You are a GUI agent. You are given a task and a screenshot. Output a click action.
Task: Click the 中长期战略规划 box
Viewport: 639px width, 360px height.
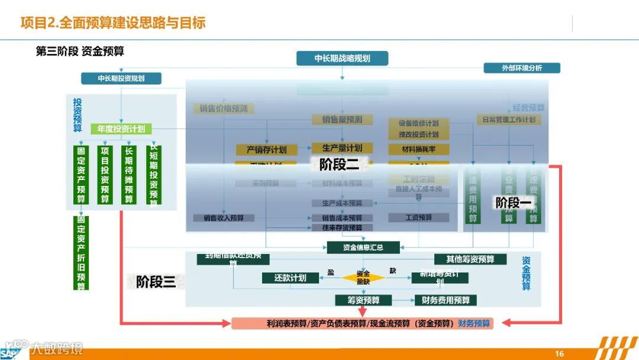pyautogui.click(x=342, y=58)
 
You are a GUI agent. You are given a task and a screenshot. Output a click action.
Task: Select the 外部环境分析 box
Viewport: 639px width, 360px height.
pyautogui.click(x=522, y=68)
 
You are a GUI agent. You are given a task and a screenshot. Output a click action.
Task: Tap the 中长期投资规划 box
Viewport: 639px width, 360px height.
pyautogui.click(x=121, y=78)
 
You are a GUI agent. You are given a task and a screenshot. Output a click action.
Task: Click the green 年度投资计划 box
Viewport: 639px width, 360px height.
pyautogui.click(x=121, y=128)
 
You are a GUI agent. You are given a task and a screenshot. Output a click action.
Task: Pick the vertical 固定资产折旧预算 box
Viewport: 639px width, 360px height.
pyautogui.click(x=81, y=253)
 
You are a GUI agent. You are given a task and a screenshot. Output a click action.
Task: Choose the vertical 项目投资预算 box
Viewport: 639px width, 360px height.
pyautogui.click(x=105, y=175)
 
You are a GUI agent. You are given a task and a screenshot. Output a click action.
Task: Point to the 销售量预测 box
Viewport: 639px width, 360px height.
pyautogui.click(x=342, y=120)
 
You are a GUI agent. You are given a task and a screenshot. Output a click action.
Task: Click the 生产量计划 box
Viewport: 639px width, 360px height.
pyautogui.click(x=342, y=148)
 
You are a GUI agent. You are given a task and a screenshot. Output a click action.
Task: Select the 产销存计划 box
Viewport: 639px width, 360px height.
pyautogui.click(x=266, y=150)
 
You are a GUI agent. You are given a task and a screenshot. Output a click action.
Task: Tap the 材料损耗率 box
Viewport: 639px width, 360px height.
pyautogui.click(x=418, y=150)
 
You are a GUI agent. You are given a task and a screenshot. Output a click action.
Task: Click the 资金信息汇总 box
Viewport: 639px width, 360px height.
pyautogui.click(x=363, y=247)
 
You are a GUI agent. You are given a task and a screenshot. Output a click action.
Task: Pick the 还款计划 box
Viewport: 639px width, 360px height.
pyautogui.click(x=290, y=278)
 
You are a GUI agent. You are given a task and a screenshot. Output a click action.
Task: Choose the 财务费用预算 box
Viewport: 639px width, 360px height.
pyautogui.click(x=446, y=300)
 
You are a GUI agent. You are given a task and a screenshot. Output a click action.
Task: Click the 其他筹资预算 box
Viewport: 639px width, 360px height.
pyautogui.click(x=470, y=259)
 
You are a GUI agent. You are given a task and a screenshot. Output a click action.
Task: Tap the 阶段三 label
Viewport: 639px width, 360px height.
pyautogui.click(x=156, y=282)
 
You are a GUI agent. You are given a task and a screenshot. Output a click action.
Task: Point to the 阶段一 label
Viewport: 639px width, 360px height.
pyautogui.click(x=513, y=203)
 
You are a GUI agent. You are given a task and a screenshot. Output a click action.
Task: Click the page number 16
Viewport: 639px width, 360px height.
pyautogui.click(x=559, y=354)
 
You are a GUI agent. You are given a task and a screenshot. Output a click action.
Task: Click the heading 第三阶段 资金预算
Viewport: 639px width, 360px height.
pyautogui.click(x=80, y=52)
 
